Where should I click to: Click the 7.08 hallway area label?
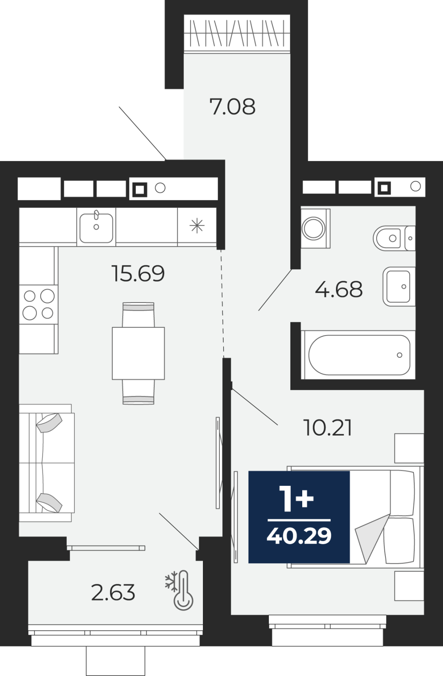tap(232, 106)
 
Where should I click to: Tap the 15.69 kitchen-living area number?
tap(138, 273)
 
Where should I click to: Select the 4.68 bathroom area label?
tap(339, 289)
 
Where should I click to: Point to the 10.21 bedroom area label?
tap(328, 428)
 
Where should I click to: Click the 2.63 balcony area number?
tap(113, 592)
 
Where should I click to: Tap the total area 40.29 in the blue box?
tap(299, 536)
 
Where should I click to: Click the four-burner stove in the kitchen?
tap(38, 305)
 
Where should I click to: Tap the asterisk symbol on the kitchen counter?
tap(197, 226)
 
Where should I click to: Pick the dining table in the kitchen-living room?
tap(138, 353)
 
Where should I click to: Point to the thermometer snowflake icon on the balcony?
tap(179, 591)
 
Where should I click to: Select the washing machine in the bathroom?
tap(315, 228)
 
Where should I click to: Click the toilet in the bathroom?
tap(394, 238)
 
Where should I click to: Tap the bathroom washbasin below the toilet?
tap(399, 286)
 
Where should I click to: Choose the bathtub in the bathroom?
tap(358, 354)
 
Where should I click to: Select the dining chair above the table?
tap(138, 315)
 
